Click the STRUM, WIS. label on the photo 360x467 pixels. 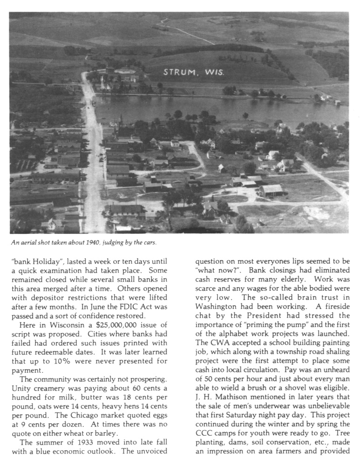coord(193,72)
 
